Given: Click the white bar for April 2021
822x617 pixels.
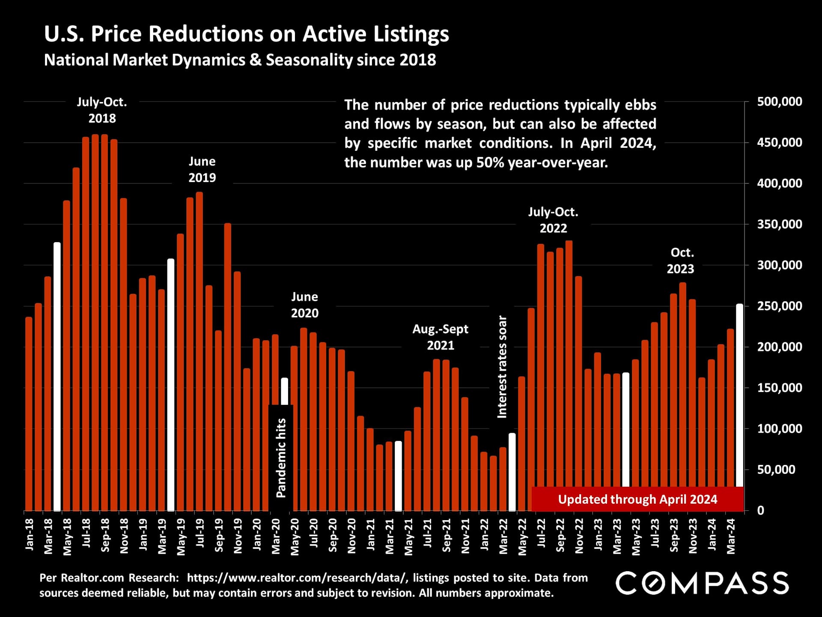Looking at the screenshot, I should click(398, 476).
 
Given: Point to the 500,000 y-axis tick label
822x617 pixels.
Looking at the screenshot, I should click(779, 102).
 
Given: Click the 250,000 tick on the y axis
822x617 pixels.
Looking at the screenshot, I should click(779, 306).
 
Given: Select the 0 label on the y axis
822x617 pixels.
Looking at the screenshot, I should click(760, 511).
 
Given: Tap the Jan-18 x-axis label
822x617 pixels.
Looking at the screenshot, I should click(30, 534).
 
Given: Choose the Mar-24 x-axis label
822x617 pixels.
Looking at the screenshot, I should click(731, 536).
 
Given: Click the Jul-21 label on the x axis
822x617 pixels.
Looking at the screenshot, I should click(428, 533).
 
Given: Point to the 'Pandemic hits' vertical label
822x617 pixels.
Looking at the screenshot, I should click(281, 458).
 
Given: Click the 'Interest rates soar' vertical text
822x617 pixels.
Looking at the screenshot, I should click(502, 367).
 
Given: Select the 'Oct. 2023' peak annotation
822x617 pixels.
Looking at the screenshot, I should click(681, 261).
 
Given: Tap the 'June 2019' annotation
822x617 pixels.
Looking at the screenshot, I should click(202, 169).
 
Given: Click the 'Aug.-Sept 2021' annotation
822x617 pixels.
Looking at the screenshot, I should click(440, 337).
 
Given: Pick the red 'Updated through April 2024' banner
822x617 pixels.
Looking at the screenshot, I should click(637, 500).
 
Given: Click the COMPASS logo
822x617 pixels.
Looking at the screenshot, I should click(702, 583).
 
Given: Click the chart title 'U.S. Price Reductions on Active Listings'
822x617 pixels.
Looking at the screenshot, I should click(247, 34).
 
